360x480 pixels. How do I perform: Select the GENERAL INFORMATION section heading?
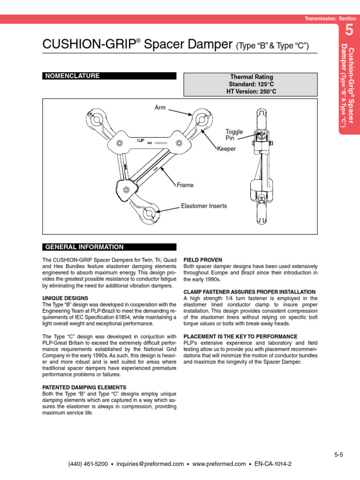tap(84, 247)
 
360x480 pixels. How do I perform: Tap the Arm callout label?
tap(160, 108)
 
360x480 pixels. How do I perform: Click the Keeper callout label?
tap(226, 149)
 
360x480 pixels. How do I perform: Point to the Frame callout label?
tap(185, 185)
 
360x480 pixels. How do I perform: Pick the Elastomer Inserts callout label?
tap(204, 206)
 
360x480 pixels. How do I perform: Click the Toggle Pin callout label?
tap(234, 135)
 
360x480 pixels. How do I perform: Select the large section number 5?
tap(348, 31)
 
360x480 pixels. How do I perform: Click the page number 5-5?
tap(339, 454)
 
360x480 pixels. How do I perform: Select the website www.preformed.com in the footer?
tap(219, 464)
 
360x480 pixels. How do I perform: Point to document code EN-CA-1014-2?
tap(273, 464)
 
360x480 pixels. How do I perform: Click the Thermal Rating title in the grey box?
tap(251, 77)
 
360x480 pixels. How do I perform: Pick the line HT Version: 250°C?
tap(251, 91)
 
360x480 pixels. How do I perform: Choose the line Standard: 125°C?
tap(251, 84)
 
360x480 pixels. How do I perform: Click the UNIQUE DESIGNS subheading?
tap(65, 298)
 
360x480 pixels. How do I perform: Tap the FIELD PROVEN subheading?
tap(202, 260)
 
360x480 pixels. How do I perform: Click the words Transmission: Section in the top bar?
tap(330, 19)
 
